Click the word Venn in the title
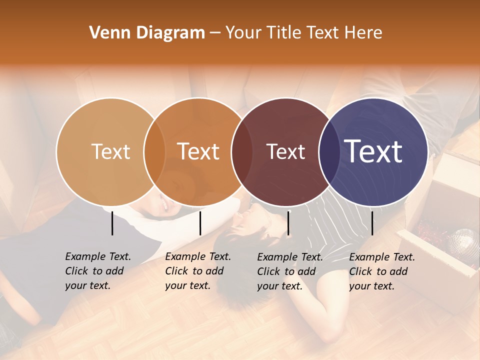click(105, 33)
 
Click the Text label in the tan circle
click(110, 151)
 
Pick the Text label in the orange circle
click(198, 151)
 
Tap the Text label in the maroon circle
click(286, 151)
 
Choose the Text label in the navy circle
click(373, 151)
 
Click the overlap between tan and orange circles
click(154, 151)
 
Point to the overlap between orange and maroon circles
click(242, 151)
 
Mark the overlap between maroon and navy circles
click(329, 151)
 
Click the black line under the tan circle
click(112, 223)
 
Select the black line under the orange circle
click(200, 223)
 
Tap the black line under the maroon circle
click(288, 223)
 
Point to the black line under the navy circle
click(372, 223)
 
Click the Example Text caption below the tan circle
click(97, 271)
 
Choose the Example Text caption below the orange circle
click(197, 271)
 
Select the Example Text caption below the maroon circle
click(289, 271)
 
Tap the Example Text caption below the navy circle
click(381, 271)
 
